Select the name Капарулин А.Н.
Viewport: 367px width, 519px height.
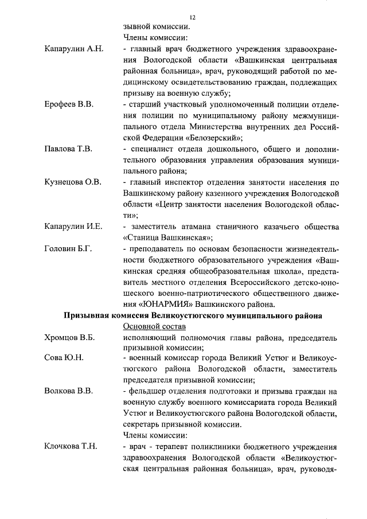point(73,48)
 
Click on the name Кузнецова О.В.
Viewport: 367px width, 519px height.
point(73,182)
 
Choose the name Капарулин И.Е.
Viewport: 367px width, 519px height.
point(73,226)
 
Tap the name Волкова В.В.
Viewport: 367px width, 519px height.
point(68,392)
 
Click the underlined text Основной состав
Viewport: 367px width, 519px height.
point(155,326)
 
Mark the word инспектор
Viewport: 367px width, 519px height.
point(182,182)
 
